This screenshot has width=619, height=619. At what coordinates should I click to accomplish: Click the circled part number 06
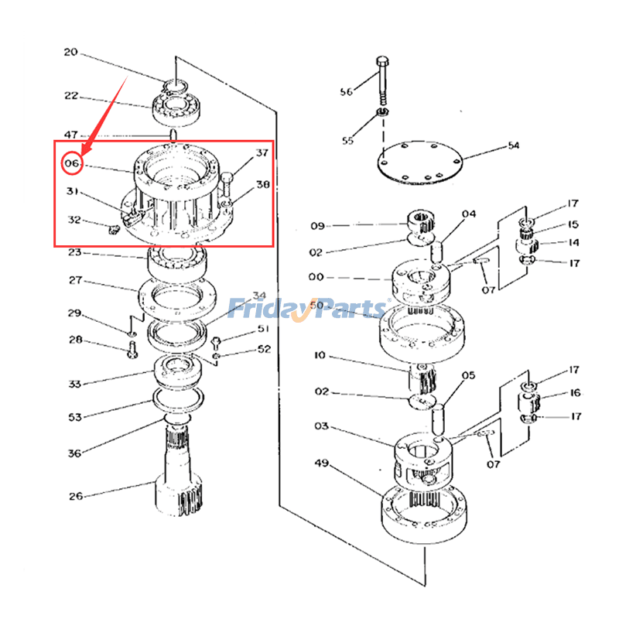point(72,164)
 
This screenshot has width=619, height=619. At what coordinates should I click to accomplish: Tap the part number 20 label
point(71,53)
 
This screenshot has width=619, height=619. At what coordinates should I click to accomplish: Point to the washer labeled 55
point(382,115)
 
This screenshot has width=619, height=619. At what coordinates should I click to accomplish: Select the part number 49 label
point(322,463)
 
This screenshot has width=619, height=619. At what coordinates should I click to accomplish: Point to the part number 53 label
point(74,418)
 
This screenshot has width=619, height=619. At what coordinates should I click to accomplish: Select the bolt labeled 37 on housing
point(226,186)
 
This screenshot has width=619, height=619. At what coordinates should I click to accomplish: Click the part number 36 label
point(74,453)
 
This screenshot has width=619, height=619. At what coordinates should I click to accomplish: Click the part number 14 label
point(573,242)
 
